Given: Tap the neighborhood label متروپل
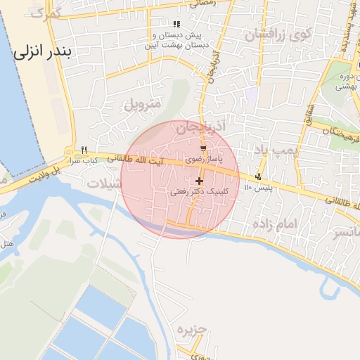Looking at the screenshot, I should (143, 104).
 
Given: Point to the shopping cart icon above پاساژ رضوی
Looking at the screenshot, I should (203, 149).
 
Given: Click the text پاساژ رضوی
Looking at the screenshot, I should (203, 160).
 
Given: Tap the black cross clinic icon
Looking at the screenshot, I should (199, 181).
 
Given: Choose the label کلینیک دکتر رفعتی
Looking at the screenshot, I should (199, 191).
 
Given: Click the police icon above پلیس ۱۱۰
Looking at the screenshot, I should (259, 176).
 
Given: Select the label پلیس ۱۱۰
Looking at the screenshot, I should (257, 188).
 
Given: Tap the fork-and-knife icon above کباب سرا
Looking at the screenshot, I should (84, 150).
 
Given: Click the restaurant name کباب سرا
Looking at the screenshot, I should (83, 160).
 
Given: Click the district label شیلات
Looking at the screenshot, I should (105, 183).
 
